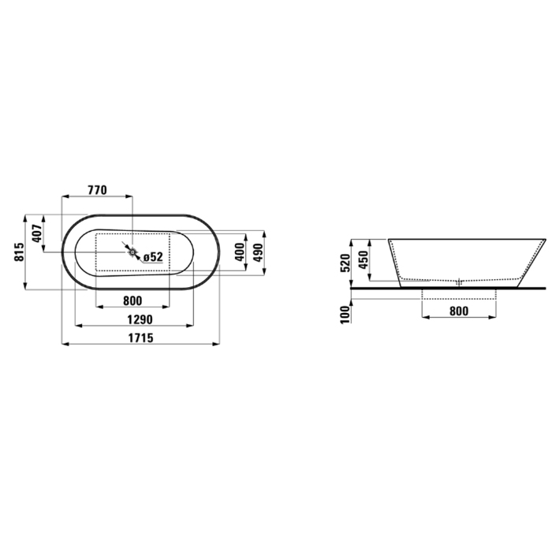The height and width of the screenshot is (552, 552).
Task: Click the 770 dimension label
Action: click(97, 190)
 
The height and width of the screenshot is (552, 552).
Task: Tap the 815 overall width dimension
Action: click(20, 252)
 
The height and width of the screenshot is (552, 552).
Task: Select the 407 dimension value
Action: click(37, 233)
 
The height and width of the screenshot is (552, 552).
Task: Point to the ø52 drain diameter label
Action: click(153, 257)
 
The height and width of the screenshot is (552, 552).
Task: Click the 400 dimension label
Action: click(240, 252)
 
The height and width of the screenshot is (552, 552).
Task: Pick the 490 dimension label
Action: click(258, 252)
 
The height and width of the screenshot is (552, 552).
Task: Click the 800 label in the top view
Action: click(132, 300)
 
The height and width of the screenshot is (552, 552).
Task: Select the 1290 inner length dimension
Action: click(140, 319)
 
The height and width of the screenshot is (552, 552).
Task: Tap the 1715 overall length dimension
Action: click(140, 338)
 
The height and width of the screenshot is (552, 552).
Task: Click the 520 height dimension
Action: click(345, 263)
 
